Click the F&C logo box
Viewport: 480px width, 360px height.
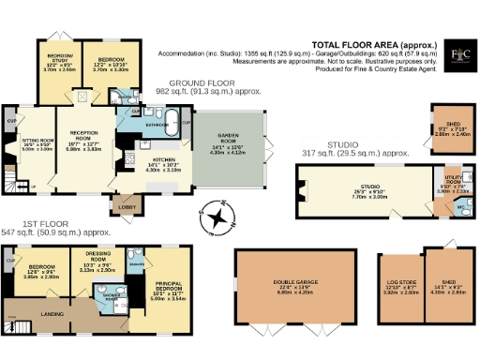(x=458, y=53)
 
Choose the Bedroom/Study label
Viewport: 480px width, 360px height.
(x=52, y=61)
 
